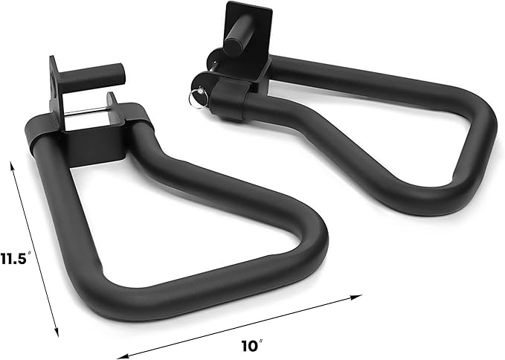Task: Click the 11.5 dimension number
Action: [x=13, y=258]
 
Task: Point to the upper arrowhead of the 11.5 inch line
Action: [x=13, y=166]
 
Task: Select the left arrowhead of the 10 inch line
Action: [x=122, y=356]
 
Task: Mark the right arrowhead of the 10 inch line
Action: [x=357, y=297]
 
